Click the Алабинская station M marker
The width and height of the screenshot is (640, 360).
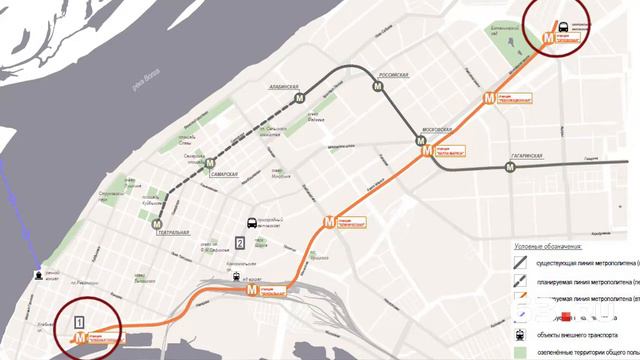point(297,99)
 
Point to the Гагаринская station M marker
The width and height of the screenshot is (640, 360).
point(511,167)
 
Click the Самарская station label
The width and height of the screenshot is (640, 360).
point(224,175)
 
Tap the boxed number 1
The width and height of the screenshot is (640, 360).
point(78,321)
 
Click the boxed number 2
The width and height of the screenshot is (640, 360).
point(240,242)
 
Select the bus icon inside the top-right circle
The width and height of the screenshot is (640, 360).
point(564,27)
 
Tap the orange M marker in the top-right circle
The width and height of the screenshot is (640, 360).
point(547,37)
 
